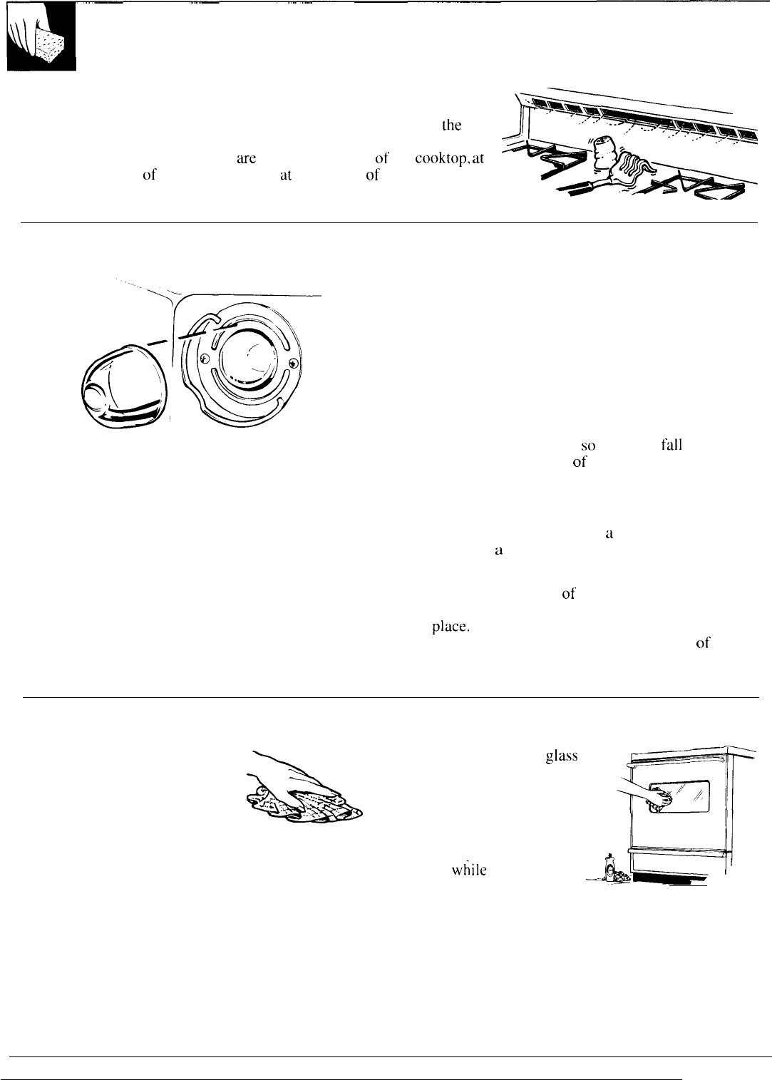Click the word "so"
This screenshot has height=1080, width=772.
pyautogui.click(x=588, y=446)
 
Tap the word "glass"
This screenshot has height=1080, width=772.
pyautogui.click(x=561, y=758)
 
